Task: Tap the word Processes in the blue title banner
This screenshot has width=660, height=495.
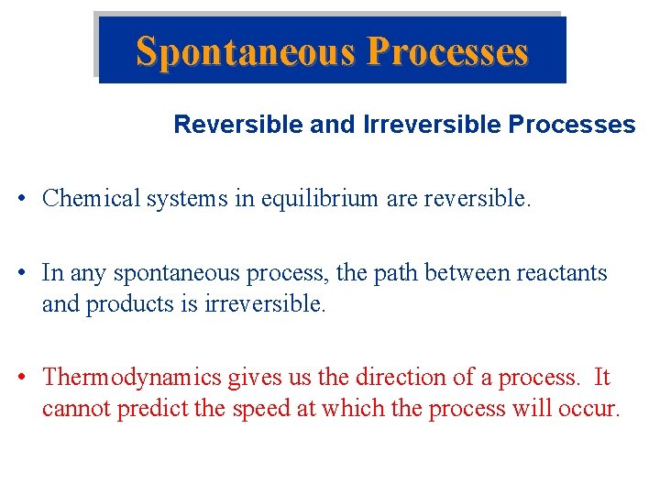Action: (447, 51)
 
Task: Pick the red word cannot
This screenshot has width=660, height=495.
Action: (74, 408)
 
